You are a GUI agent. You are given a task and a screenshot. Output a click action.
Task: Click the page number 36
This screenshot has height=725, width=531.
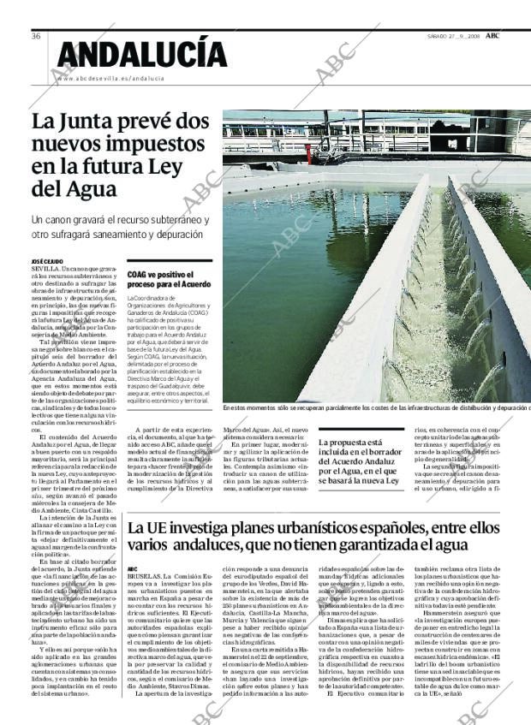coord(37,36)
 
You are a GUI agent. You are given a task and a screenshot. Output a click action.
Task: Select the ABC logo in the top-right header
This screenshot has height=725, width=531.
coord(493,36)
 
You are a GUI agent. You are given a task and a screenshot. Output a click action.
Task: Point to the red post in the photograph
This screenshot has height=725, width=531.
coord(308,152)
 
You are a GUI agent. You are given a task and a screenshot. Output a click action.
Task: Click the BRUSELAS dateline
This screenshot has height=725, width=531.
coord(146,576)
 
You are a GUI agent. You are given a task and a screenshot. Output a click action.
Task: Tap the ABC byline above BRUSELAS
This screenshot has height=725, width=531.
coord(132,568)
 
